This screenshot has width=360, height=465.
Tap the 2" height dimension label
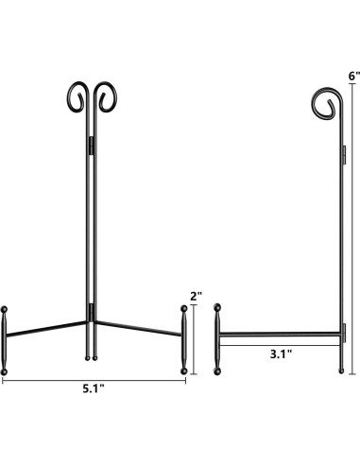click(197, 296)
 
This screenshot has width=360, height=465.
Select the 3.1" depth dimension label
click(279, 354)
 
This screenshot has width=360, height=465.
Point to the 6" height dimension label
click(353, 75)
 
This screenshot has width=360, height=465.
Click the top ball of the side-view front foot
click(218, 306)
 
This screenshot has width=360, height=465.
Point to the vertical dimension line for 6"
click(353, 227)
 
